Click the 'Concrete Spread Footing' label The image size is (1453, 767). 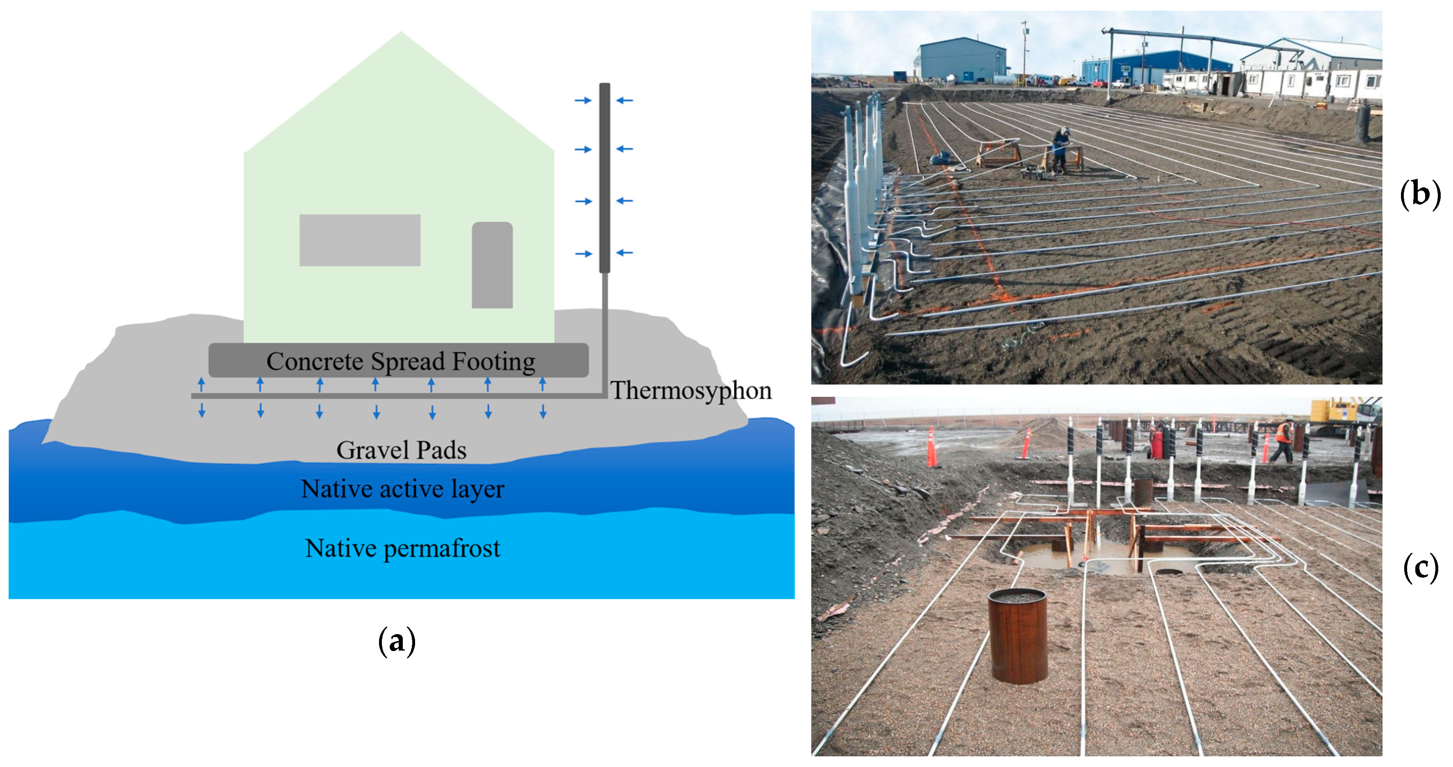tap(400, 361)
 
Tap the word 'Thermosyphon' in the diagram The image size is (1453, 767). tap(690, 391)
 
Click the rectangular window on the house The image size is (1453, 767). tap(359, 240)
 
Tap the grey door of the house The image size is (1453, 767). tap(492, 265)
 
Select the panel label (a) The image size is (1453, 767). tap(397, 641)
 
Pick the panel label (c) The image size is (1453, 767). tap(1420, 568)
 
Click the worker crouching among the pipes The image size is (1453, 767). tap(1060, 150)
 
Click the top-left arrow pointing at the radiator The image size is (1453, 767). tap(583, 100)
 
